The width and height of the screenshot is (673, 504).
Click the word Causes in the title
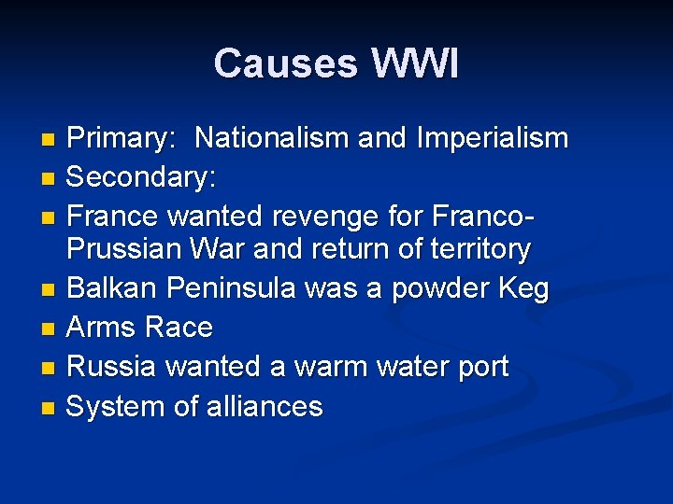pos(285,64)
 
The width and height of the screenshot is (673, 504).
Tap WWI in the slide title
pos(414,64)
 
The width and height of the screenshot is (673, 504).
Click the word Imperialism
pos(493,139)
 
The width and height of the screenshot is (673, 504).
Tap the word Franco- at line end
pos(484,217)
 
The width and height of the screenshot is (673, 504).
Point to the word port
pos(480,367)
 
